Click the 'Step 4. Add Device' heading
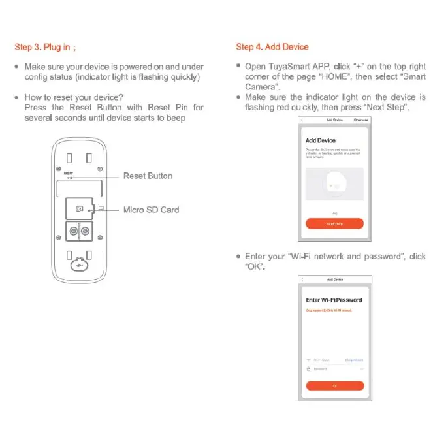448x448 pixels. pyautogui.click(x=272, y=47)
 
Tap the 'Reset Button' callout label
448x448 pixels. pyautogui.click(x=148, y=176)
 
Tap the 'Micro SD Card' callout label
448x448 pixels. pyautogui.click(x=151, y=210)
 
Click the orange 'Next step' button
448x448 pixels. pyautogui.click(x=334, y=224)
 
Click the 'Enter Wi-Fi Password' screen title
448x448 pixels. pyautogui.click(x=334, y=300)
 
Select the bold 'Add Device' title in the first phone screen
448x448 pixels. pyautogui.click(x=321, y=140)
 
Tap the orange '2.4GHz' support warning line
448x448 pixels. pyautogui.click(x=328, y=310)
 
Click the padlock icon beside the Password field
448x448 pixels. pyautogui.click(x=309, y=369)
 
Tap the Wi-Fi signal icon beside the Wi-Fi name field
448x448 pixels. pyautogui.click(x=309, y=360)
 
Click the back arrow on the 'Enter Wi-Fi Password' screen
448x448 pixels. pyautogui.click(x=302, y=280)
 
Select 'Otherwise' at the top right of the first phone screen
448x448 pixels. pyautogui.click(x=360, y=120)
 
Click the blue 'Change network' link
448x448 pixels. pyautogui.click(x=354, y=360)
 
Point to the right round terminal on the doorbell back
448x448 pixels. pyautogui.click(x=84, y=231)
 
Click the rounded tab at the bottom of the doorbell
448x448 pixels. pyautogui.click(x=78, y=266)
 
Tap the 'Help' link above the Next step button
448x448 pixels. pyautogui.click(x=334, y=214)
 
